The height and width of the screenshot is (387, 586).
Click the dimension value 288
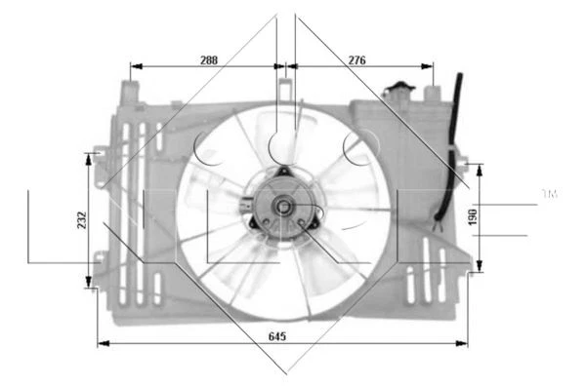pyautogui.click(x=208, y=59)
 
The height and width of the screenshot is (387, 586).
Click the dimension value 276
pyautogui.click(x=356, y=59)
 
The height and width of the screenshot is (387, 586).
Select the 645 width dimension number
pyautogui.click(x=276, y=335)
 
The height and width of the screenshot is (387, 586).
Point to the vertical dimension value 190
pyautogui.click(x=473, y=216)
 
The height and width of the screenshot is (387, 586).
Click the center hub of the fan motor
pyautogui.click(x=282, y=206)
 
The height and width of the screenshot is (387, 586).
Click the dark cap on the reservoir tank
pyautogui.click(x=398, y=91)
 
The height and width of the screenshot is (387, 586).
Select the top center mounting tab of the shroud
pyautogui.click(x=284, y=89)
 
